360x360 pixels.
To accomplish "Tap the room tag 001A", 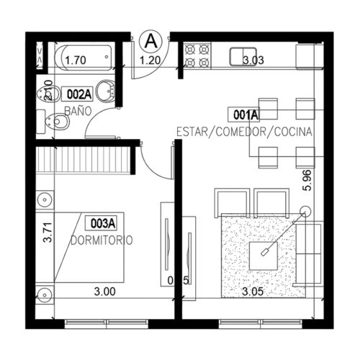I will click(246, 114).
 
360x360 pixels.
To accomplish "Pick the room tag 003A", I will click(103, 222).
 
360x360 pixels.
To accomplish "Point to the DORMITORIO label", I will click(102, 240).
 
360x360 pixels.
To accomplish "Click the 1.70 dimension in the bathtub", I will click(76, 60).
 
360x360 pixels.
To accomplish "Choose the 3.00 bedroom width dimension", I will click(104, 292).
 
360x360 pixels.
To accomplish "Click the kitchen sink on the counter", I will click(240, 55).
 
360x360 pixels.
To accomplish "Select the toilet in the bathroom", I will click(56, 122).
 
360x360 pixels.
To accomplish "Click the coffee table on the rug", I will click(265, 252).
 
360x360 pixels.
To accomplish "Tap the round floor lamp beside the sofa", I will click(305, 212).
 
